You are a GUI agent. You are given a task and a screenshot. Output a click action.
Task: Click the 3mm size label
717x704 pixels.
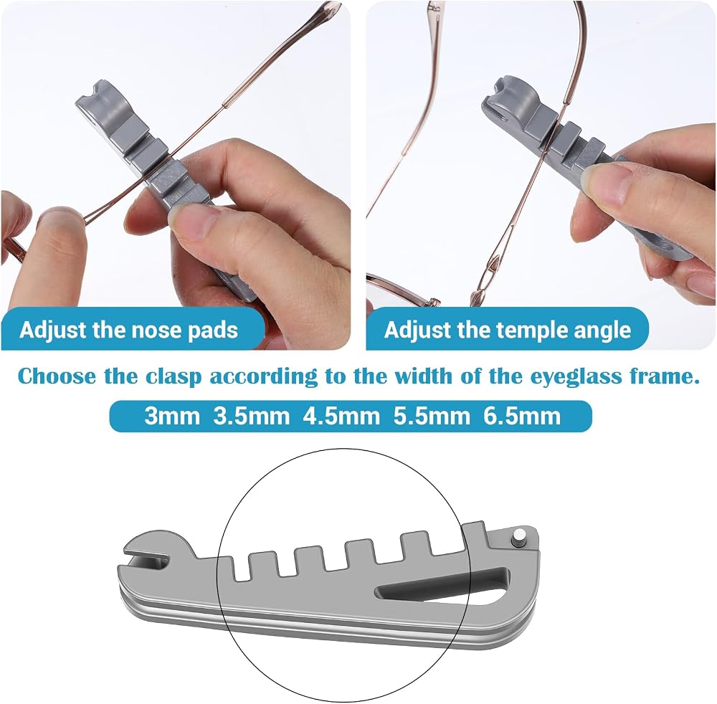tap(172, 416)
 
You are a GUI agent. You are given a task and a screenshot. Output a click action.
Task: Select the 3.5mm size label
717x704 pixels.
tap(252, 416)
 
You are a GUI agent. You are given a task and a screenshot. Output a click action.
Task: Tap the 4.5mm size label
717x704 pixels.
tap(341, 416)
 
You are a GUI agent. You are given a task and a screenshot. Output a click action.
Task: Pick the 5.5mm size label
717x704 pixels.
tap(431, 416)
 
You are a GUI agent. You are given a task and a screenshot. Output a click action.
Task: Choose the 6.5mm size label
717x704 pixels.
tap(522, 416)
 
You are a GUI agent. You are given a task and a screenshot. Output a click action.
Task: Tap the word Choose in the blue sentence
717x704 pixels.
tap(57, 376)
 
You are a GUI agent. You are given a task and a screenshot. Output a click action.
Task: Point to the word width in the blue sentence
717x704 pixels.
tap(419, 376)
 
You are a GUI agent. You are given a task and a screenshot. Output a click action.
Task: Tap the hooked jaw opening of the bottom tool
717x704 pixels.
tap(146, 556)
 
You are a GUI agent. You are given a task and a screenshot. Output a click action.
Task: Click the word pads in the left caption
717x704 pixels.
tap(213, 330)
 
